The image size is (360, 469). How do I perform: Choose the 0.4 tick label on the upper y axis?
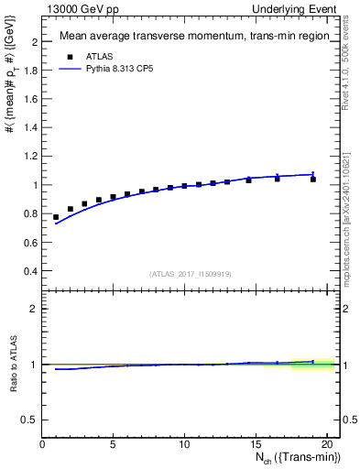[x=29, y=271]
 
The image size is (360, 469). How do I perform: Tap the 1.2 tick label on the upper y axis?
[x=29, y=157]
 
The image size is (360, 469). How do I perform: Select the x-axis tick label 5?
[x=114, y=443]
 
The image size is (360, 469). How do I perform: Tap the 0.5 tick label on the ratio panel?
[x=29, y=420]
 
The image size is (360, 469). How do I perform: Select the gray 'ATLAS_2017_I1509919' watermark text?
[x=189, y=274]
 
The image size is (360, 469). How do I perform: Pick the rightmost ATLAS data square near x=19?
[x=312, y=180]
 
